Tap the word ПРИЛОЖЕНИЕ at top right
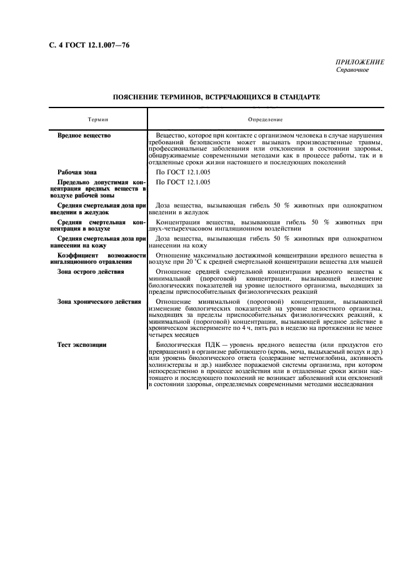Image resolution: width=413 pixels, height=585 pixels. pos(360,62)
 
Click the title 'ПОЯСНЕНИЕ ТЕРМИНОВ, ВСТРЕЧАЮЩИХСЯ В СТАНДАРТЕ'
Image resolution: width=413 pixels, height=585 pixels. pos(216,97)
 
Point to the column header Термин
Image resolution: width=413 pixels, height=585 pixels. pos(97,119)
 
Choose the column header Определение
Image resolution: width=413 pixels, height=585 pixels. pos(266,119)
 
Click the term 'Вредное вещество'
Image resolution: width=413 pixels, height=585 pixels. pos(84,135)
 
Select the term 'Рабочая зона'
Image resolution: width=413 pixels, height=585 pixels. pos(77,171)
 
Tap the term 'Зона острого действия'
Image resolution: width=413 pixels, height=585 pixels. pos(91,272)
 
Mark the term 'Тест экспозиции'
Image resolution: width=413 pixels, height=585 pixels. pos(82,344)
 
